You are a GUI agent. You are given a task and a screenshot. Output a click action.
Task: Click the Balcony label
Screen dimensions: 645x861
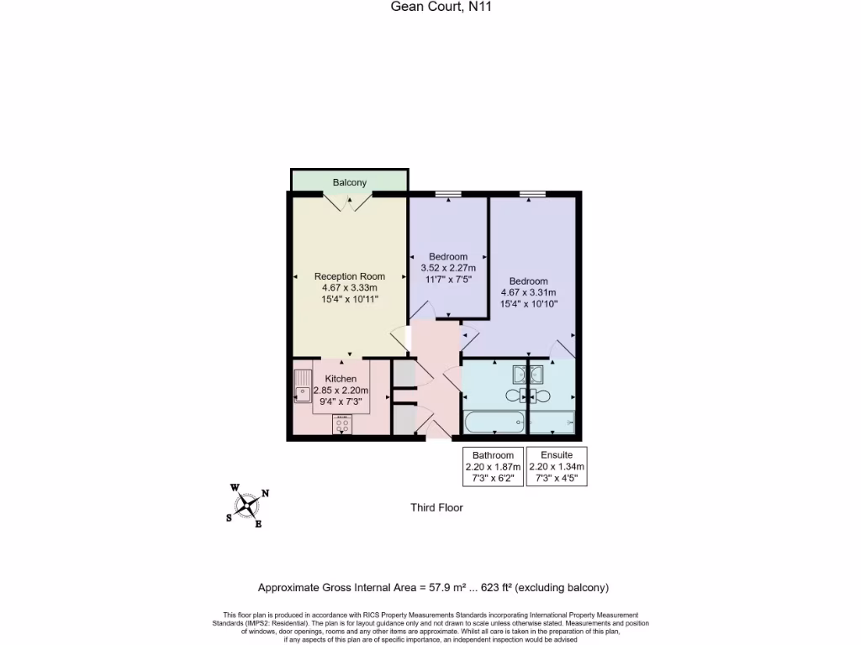click(349, 182)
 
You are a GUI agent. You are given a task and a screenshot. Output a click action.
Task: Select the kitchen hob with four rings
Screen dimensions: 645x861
click(343, 425)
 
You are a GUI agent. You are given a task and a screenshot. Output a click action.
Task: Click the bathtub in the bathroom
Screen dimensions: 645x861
click(494, 422)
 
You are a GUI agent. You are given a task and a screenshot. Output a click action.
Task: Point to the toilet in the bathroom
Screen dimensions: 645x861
click(515, 396)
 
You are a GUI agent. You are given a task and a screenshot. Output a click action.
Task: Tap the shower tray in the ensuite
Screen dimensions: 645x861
click(552, 422)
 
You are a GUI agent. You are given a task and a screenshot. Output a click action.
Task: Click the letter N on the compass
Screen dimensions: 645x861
click(265, 494)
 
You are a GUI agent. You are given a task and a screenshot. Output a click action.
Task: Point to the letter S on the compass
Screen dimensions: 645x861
click(229, 518)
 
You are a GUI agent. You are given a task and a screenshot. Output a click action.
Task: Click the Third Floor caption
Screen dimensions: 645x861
click(436, 507)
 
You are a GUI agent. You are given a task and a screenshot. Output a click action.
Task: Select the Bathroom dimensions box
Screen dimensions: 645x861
click(493, 467)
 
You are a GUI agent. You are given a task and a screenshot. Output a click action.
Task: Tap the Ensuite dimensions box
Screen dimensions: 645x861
click(557, 467)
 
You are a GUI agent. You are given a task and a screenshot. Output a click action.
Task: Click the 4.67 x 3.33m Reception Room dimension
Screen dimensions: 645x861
click(350, 287)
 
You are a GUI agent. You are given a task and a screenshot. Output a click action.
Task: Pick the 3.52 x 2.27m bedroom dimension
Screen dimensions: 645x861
click(448, 268)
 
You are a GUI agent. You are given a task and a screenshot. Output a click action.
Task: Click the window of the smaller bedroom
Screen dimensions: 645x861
click(448, 194)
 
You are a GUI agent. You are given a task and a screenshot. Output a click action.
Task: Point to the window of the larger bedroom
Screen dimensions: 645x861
click(531, 194)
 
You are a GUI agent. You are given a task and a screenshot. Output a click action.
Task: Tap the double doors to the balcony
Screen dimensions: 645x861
click(349, 202)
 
